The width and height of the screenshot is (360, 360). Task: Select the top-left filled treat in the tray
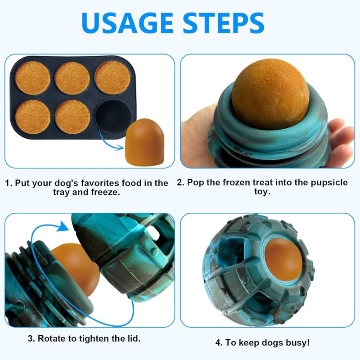(x=32, y=77)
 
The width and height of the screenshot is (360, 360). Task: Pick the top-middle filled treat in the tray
(x=72, y=78)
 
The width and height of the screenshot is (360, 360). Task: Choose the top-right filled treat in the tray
(x=112, y=77)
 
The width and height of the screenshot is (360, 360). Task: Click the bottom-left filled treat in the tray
(x=32, y=116)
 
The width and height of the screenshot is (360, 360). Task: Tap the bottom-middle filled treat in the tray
(x=72, y=116)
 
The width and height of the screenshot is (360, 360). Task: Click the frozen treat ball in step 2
(x=270, y=94)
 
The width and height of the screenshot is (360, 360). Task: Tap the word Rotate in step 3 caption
(x=52, y=338)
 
